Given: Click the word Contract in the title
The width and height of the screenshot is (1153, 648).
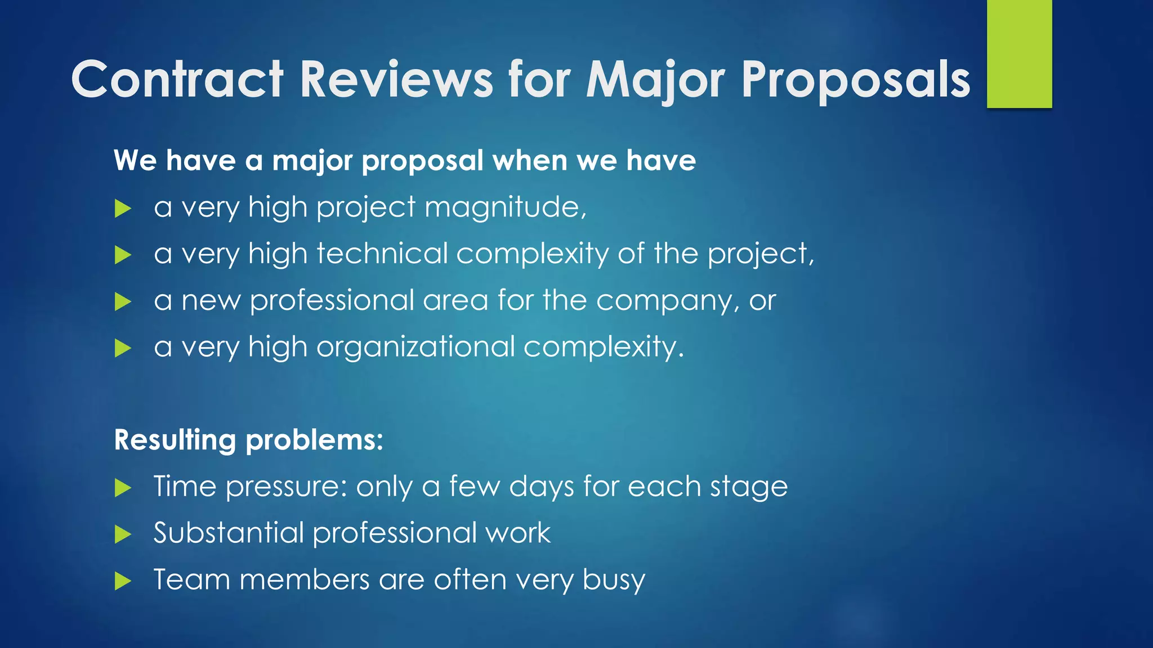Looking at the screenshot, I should pos(177,80).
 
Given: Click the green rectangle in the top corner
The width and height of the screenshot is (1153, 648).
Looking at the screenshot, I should pos(1019,53).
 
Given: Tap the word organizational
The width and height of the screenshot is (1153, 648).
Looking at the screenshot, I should pos(415,347).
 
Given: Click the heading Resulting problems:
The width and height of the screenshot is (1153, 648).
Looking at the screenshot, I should pos(248,440).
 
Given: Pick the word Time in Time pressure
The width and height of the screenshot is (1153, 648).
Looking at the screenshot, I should pos(185,486).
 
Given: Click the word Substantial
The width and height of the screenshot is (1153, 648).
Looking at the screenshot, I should pos(228,533).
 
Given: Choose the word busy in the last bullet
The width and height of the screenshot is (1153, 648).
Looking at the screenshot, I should pos(613,580).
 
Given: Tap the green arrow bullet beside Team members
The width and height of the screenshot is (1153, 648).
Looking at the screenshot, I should pos(122,580).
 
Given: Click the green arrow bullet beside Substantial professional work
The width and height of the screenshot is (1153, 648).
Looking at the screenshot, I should pos(122,534).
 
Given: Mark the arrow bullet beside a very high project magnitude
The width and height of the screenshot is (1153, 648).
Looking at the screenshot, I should pos(122,209).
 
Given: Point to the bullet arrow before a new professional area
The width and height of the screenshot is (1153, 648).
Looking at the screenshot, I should pos(122,301).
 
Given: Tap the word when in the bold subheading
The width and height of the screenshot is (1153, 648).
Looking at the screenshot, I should pos(530,161).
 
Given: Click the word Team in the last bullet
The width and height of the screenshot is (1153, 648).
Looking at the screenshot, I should pos(191,580).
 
